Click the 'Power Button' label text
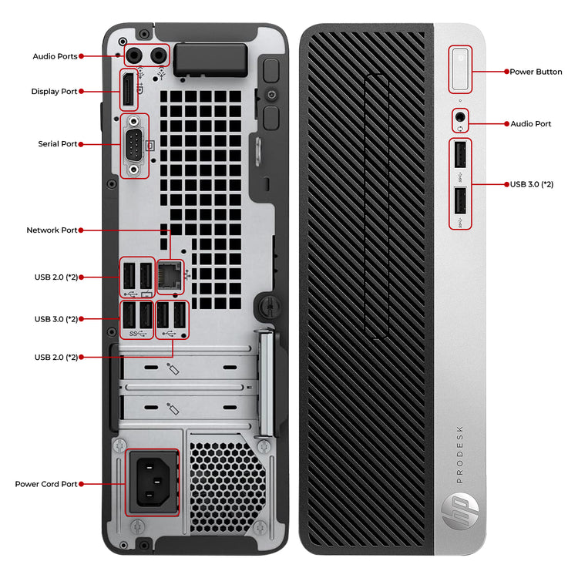[x=536, y=72]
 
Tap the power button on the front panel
[x=460, y=69]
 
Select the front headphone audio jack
[x=460, y=117]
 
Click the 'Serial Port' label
[x=58, y=144]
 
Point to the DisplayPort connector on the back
[x=128, y=89]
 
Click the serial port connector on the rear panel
[x=134, y=146]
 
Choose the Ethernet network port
[x=170, y=276]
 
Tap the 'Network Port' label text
[x=52, y=230]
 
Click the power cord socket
[x=153, y=482]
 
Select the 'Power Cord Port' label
[x=46, y=484]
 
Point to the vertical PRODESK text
[x=459, y=454]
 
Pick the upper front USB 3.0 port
[x=460, y=154]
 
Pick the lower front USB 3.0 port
[x=460, y=201]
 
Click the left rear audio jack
[x=134, y=55]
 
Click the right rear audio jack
[x=159, y=55]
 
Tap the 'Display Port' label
[x=54, y=92]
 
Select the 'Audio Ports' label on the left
[x=55, y=56]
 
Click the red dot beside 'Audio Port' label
[x=507, y=124]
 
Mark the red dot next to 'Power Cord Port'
[x=82, y=484]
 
